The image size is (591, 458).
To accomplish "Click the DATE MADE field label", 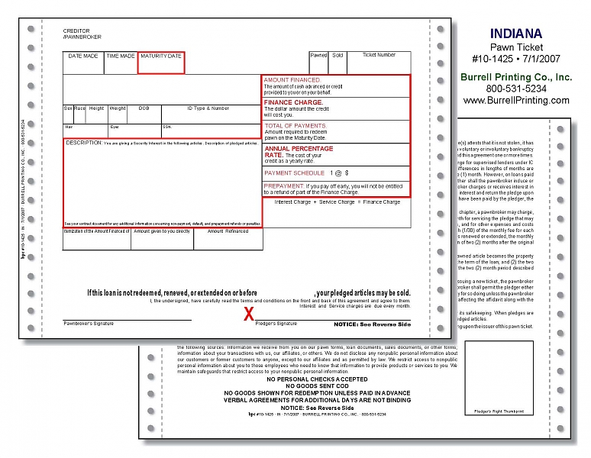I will tap(83, 56).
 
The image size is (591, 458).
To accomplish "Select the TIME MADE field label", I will tap(121, 56).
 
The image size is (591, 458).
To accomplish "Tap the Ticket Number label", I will tap(379, 55).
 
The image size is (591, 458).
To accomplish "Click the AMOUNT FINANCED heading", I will tap(292, 79).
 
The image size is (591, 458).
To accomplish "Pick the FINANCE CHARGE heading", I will tap(293, 102).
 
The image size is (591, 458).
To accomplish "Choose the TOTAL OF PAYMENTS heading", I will tap(295, 125).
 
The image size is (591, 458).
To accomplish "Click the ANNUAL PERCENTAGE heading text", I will tap(299, 148).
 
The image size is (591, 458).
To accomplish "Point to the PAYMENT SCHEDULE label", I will tap(294, 173).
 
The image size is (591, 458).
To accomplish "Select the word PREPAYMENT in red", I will tap(284, 185).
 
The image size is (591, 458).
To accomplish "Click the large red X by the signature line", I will tap(248, 313).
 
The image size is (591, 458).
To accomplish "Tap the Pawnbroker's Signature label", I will tap(89, 324).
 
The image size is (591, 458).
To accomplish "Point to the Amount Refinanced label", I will tap(228, 231).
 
